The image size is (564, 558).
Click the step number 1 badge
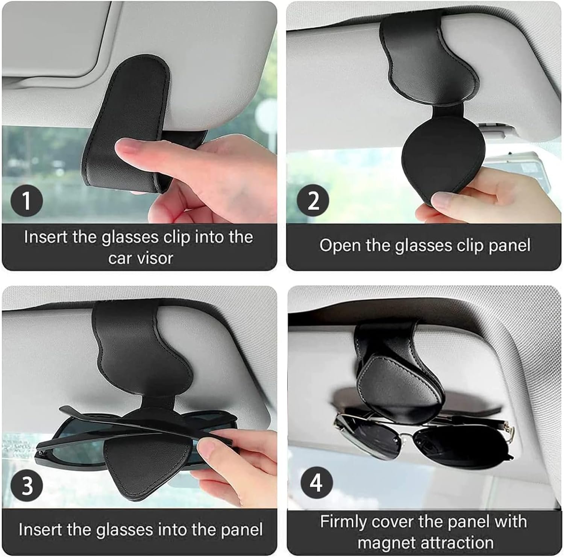27,201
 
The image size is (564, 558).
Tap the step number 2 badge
313,201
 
